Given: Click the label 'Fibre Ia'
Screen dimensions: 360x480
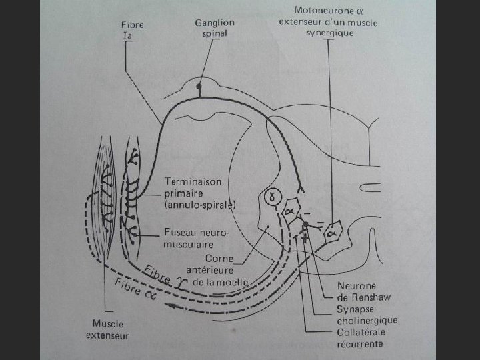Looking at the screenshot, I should [x=133, y=30].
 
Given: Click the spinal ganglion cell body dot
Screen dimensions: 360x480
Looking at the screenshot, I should [x=198, y=87].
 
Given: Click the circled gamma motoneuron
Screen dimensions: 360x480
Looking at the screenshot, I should [x=271, y=197].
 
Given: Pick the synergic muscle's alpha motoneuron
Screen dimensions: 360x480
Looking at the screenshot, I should [x=331, y=233].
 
